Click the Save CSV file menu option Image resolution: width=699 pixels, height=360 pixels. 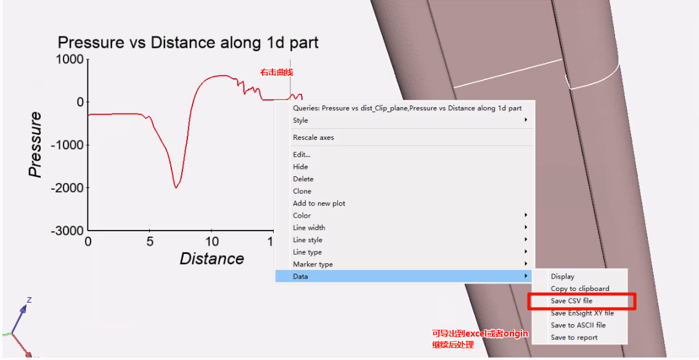571,301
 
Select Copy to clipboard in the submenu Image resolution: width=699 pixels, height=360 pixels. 579,288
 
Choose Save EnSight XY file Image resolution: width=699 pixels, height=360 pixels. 582,313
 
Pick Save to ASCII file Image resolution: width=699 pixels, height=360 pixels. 578,325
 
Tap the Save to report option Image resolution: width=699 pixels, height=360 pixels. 574,338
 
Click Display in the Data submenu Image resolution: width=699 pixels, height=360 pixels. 563,277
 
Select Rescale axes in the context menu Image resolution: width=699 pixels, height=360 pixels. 313,137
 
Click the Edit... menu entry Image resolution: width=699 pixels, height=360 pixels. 301,155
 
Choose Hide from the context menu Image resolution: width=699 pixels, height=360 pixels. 300,166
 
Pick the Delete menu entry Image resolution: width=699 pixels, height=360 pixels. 303,179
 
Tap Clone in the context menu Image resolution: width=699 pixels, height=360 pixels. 302,191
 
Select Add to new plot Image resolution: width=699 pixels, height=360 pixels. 319,203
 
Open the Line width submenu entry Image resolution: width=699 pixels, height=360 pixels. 309,227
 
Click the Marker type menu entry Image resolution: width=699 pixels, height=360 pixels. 313,264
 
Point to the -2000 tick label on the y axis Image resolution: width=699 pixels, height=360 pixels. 67,188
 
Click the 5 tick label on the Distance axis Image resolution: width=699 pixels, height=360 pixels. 149,242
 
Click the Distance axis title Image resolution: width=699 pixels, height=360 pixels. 212,259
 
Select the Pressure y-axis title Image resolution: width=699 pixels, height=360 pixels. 35,145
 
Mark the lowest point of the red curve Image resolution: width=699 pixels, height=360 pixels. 176,187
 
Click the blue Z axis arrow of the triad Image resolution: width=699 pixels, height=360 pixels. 20,317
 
